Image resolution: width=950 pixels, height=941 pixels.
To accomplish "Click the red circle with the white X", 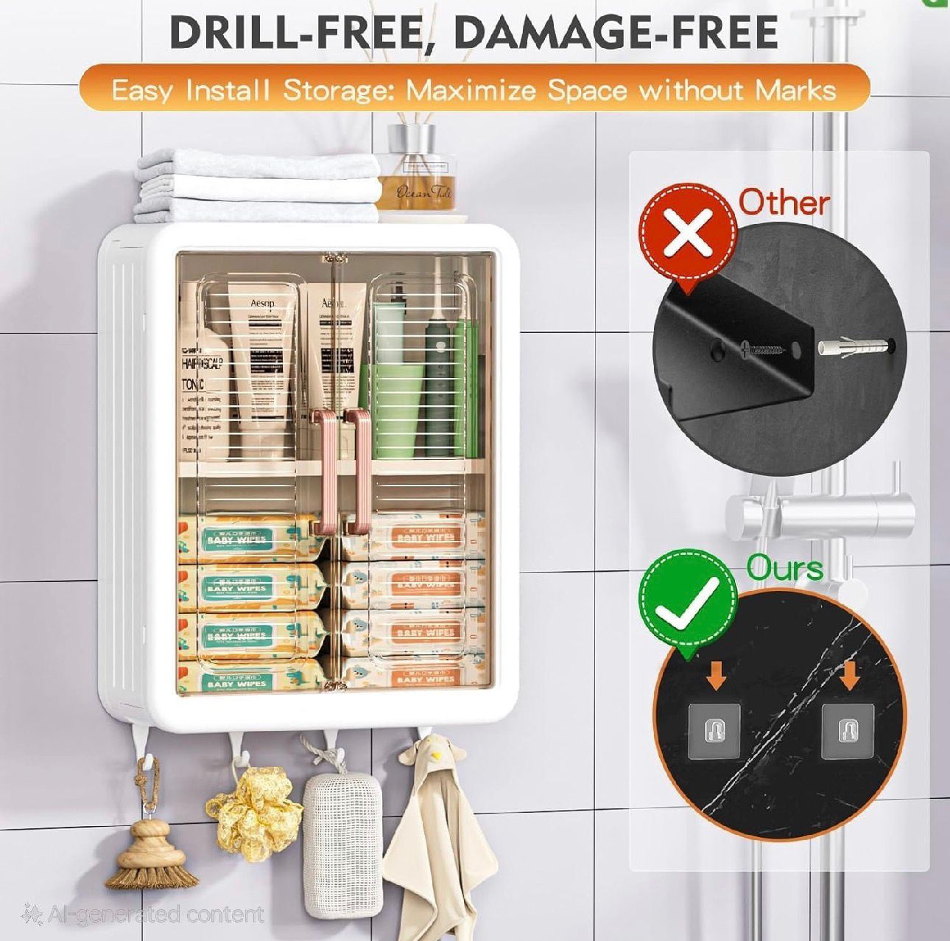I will [689, 230].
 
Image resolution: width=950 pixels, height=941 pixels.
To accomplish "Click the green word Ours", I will [784, 569].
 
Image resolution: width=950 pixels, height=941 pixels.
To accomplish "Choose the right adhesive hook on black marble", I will [848, 730].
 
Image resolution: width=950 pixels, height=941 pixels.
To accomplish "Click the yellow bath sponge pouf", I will [254, 811].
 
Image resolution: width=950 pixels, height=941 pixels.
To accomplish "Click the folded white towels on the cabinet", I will [258, 181].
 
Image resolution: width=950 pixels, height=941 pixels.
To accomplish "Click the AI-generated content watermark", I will [144, 914].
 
